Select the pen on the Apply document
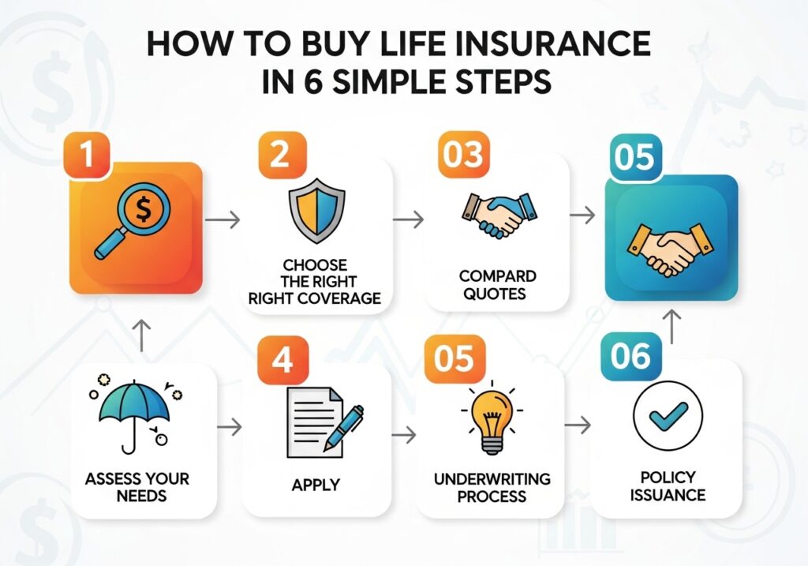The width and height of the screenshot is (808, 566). click(342, 428)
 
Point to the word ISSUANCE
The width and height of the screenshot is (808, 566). click(668, 496)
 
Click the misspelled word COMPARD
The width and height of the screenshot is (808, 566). click(496, 276)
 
